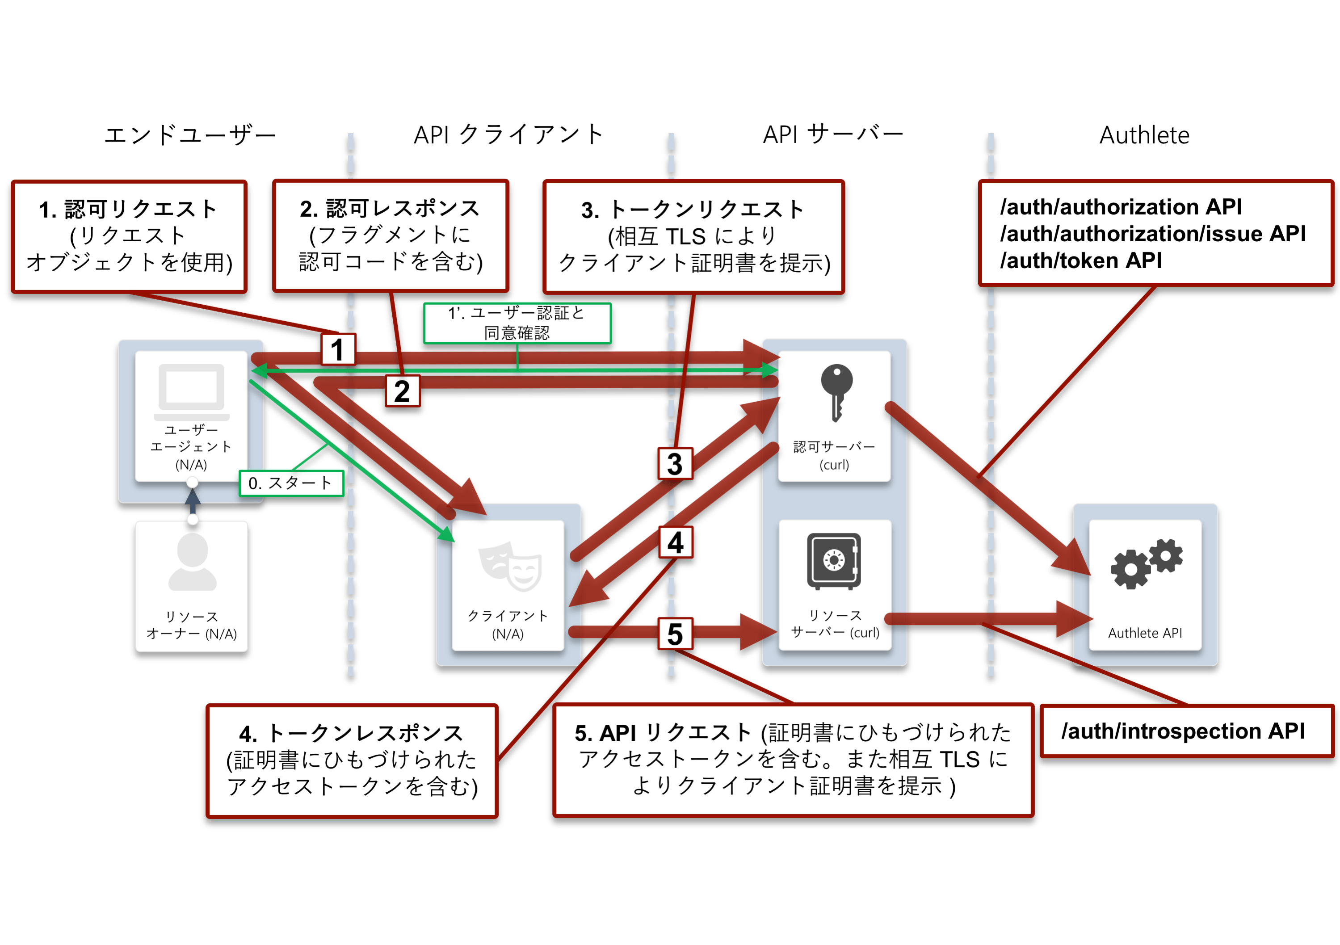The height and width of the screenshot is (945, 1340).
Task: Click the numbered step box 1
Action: point(338,349)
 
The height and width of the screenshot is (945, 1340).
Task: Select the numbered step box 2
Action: point(402,391)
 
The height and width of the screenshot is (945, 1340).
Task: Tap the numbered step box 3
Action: point(675,463)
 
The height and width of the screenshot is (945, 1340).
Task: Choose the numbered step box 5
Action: point(675,633)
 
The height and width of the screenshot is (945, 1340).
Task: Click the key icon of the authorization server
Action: point(836,392)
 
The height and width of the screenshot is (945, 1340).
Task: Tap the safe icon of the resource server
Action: point(834,561)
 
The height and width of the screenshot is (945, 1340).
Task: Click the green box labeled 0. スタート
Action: point(291,483)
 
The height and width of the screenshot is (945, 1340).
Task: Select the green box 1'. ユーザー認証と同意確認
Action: point(517,323)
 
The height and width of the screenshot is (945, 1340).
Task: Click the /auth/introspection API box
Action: point(1187,731)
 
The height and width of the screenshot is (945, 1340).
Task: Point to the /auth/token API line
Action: point(1081,260)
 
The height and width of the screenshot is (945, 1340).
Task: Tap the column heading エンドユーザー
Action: point(190,135)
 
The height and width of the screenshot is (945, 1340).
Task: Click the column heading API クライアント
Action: point(508,135)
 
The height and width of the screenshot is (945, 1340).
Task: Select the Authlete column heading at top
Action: point(1144,135)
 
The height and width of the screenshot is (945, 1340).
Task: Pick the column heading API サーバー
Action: point(833,135)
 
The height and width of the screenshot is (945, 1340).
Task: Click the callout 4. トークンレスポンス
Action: point(352,760)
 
